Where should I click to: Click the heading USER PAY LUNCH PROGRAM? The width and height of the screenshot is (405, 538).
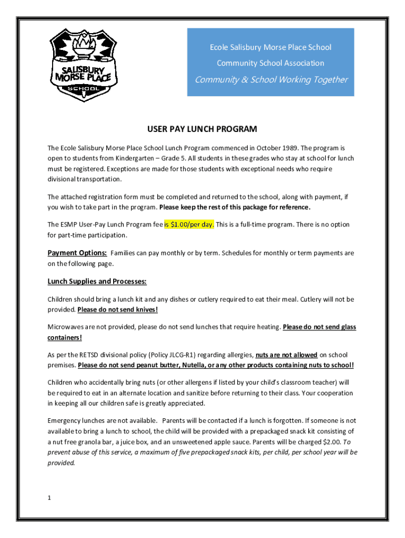tap(202, 129)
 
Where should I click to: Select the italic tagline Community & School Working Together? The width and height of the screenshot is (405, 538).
tap(271, 80)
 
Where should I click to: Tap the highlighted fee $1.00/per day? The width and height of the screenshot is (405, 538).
tap(189, 224)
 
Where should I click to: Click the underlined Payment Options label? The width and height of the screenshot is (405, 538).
tap(77, 253)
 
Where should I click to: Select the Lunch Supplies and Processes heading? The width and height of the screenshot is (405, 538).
tap(97, 281)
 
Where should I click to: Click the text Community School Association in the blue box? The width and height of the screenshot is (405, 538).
tap(270, 64)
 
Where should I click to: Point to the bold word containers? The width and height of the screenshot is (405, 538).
tap(65, 337)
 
